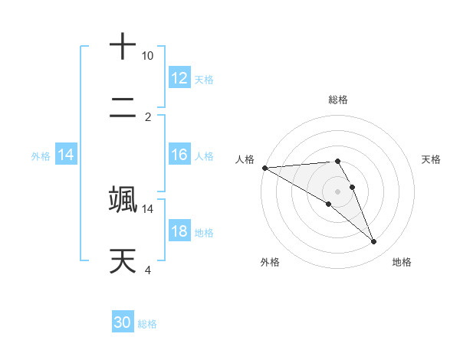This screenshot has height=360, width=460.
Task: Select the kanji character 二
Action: [x=123, y=109]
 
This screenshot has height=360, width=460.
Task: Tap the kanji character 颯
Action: [x=123, y=199]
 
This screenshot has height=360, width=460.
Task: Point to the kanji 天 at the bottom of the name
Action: [x=123, y=262]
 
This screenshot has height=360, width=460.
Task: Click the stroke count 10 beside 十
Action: [x=147, y=57]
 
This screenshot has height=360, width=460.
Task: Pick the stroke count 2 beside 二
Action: [x=148, y=117]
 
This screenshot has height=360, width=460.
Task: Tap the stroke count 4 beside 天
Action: [x=148, y=270]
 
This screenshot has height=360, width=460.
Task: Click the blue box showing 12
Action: [x=179, y=78]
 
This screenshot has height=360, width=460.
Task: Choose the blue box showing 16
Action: [x=179, y=155]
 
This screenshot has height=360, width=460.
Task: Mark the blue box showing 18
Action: [x=179, y=231]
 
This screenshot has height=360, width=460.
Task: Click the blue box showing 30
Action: [x=123, y=323]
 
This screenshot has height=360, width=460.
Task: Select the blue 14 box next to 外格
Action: [x=66, y=155]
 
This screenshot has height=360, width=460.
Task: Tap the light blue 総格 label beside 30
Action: [x=147, y=324]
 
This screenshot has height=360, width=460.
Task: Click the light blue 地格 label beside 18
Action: [x=204, y=232]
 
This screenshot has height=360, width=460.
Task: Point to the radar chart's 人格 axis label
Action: [x=245, y=159]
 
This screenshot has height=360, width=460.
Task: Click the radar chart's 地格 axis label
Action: [x=402, y=262]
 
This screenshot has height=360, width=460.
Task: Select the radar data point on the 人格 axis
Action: [x=264, y=168]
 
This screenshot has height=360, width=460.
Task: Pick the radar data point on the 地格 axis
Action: [x=374, y=242]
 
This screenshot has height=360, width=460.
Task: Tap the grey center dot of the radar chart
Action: [x=337, y=191]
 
